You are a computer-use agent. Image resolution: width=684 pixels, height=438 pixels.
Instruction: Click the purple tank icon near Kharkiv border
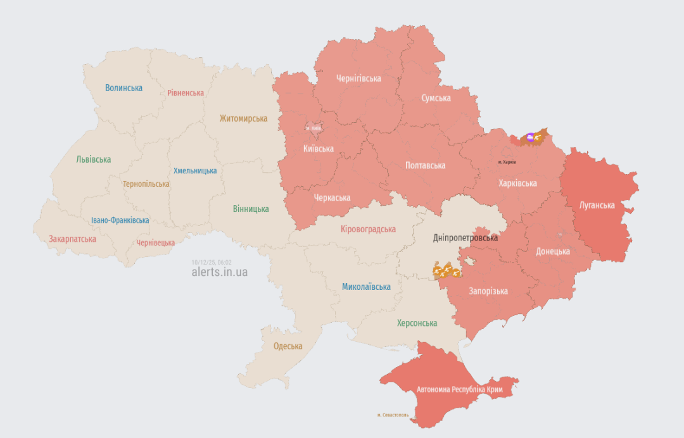coord(530,137)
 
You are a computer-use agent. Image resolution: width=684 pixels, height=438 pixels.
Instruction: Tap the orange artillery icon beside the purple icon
coord(540,135)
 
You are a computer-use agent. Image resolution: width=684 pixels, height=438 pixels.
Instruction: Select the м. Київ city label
coord(313,128)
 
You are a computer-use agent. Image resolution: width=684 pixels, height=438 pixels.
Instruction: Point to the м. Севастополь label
coord(393,415)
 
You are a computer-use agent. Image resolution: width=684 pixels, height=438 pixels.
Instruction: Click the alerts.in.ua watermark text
coord(220,272)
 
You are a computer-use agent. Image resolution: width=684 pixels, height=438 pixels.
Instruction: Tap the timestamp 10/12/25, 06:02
coord(212,262)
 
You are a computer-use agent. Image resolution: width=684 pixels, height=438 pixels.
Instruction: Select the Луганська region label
coord(597,205)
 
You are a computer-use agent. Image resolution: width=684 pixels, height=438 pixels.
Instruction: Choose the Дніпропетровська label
coord(465,238)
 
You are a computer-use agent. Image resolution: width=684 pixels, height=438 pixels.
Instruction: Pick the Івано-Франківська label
coord(120,220)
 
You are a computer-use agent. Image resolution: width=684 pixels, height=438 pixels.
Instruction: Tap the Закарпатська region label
coord(73,239)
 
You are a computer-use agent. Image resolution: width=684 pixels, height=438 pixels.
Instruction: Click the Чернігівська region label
coord(358,78)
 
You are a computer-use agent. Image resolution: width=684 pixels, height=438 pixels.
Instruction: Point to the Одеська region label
coord(288,346)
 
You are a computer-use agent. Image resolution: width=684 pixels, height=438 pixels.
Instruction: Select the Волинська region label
coord(124,88)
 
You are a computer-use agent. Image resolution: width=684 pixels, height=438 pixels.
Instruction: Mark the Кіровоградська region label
coord(368,229)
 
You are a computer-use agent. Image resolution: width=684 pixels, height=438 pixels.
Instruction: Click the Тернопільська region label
coord(146,184)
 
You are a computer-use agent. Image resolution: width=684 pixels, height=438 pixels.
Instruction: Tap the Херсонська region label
coord(417,323)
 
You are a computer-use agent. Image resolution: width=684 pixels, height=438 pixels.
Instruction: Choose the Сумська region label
coord(436,98)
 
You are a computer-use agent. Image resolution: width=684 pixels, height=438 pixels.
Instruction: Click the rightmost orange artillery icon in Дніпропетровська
coord(455,273)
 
